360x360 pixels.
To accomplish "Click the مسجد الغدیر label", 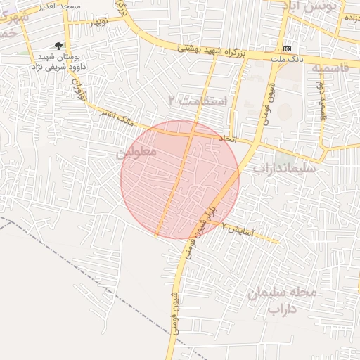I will [x=61, y=6].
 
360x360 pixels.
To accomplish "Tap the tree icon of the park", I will [x=58, y=46].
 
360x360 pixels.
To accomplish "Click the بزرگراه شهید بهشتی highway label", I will [x=210, y=51].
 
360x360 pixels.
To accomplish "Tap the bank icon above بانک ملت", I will [x=287, y=49].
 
